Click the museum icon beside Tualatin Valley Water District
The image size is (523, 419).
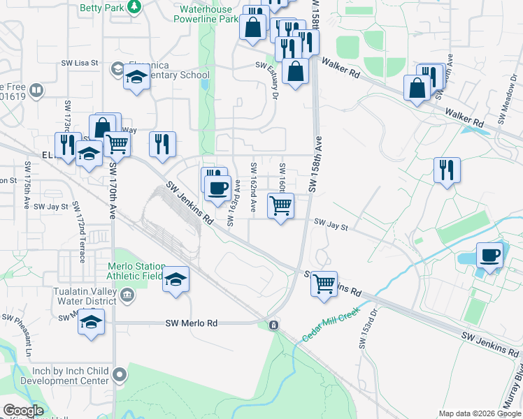pyautogui.click(x=127, y=296)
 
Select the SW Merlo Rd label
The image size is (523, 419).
pyautogui.click(x=192, y=323)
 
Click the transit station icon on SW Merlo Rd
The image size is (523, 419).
pyautogui.click(x=273, y=325)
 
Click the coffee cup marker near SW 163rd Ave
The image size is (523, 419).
pyautogui.click(x=218, y=186)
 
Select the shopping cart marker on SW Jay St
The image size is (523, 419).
pyautogui.click(x=280, y=207)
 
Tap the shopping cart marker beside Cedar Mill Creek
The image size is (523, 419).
pyautogui.click(x=324, y=284)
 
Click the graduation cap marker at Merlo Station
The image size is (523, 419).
pyautogui.click(x=175, y=281)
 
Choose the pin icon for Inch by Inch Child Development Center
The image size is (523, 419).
pyautogui.click(x=120, y=374)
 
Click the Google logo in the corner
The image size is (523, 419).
pyautogui.click(x=23, y=411)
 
